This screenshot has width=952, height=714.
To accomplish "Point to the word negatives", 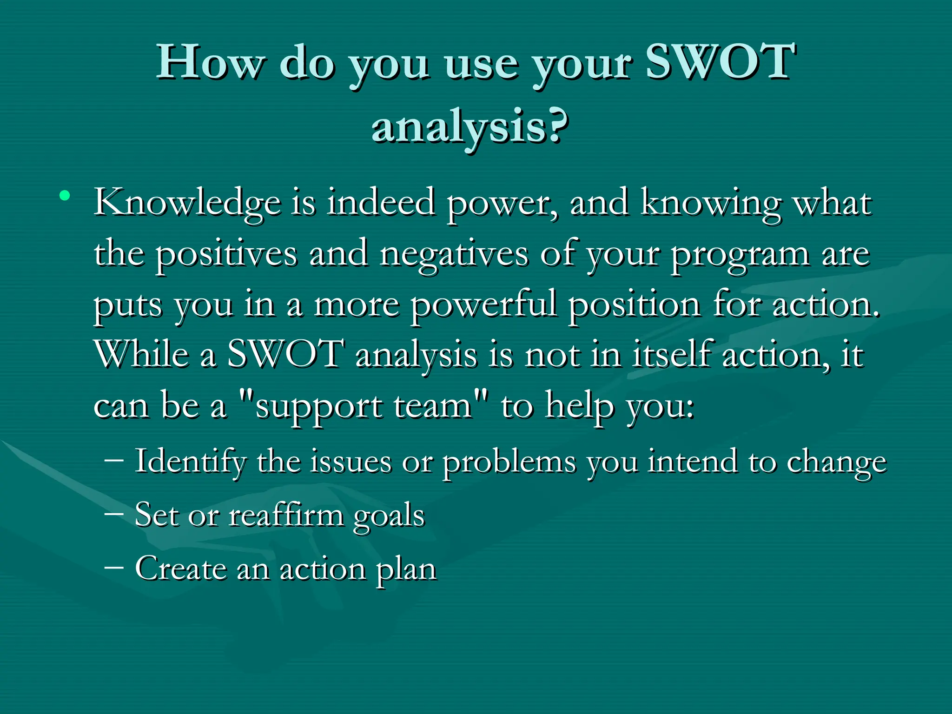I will pos(454,254).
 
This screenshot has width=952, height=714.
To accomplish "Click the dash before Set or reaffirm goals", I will pos(114,514).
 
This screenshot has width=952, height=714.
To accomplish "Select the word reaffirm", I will pos(286,515).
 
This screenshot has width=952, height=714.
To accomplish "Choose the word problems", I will pos(509,463).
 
